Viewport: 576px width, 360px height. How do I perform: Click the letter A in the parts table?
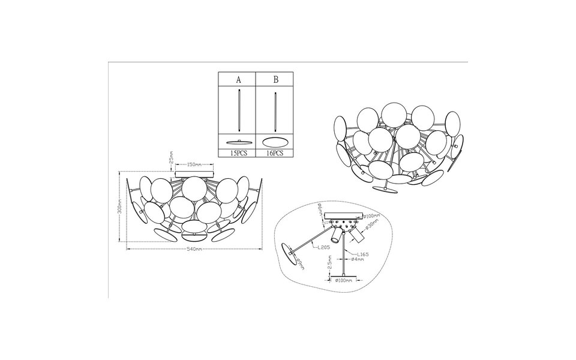point(238,79)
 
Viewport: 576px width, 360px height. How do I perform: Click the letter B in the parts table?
point(275,79)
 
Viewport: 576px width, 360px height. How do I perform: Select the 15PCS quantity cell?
point(238,154)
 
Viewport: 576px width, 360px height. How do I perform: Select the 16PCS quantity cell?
point(275,154)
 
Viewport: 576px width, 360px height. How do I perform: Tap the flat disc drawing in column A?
point(238,142)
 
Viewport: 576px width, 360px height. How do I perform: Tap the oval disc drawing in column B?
point(275,142)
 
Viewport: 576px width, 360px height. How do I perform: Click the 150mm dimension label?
point(193,163)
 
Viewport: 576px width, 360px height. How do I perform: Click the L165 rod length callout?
point(361,254)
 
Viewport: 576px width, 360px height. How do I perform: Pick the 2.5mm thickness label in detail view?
point(330,264)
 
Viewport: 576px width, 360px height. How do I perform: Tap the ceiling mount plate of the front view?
point(193,175)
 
